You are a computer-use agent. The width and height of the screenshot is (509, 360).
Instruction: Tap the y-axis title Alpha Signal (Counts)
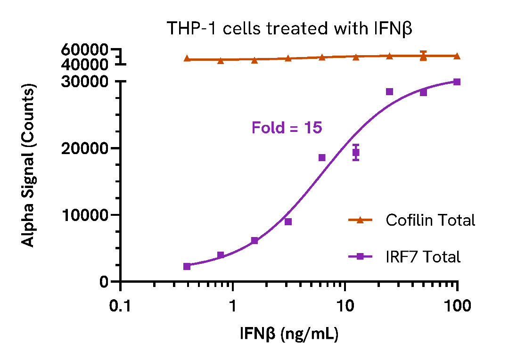click(x=29, y=166)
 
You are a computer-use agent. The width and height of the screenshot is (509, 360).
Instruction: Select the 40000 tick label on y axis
click(x=88, y=64)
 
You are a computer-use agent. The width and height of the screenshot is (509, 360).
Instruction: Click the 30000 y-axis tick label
click(x=88, y=82)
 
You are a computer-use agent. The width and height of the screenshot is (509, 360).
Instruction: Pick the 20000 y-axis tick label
click(x=88, y=148)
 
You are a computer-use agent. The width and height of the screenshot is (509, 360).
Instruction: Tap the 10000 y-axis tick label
click(x=88, y=215)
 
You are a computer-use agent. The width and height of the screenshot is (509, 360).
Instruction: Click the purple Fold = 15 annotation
click(x=287, y=128)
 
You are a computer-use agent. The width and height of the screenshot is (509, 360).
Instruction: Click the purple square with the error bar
click(x=356, y=153)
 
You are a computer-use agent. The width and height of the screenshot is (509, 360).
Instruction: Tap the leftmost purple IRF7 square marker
click(x=187, y=266)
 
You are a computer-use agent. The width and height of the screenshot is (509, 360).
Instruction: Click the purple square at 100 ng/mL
click(x=457, y=82)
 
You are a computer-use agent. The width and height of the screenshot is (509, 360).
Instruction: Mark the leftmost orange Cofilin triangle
click(x=187, y=59)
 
